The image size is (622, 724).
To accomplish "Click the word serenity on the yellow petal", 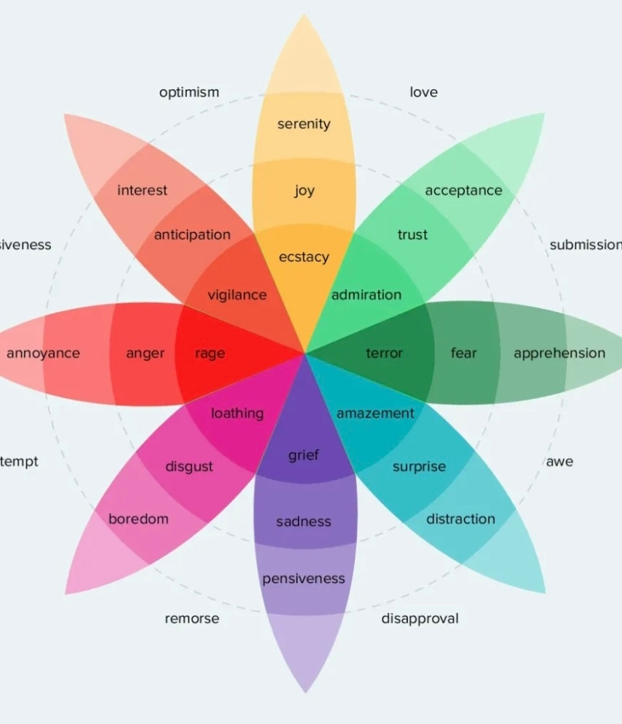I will coord(304,124).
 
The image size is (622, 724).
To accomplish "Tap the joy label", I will coord(304,191).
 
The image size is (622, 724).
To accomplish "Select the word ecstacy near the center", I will coord(304,257).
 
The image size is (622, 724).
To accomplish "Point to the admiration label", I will coord(366,295).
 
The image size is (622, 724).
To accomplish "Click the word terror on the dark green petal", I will coord(384,354).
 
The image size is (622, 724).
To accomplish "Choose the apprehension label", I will coord(559,354).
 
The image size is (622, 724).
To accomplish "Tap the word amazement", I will coord(375,414).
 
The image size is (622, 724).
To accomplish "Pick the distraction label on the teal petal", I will coord(461,519).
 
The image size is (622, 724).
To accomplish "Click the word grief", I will coord(304,456).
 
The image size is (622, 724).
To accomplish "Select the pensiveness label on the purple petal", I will coord(304,579).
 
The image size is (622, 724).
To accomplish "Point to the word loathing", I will coord(237,414).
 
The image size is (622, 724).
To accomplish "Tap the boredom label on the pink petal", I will coord(139,519).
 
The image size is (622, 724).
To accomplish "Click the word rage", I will coord(210,354).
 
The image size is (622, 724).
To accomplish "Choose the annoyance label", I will coord(43,354).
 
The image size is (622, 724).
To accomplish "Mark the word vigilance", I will coord(237,295).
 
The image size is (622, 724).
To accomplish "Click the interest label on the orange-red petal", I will coord(142,191).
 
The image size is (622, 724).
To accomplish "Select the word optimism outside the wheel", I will coord(189,93).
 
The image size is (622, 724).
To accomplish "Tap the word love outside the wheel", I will coord(423,93).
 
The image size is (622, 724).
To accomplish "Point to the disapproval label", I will coord(420,619).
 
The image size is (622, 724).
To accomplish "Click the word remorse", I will coord(191,619).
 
